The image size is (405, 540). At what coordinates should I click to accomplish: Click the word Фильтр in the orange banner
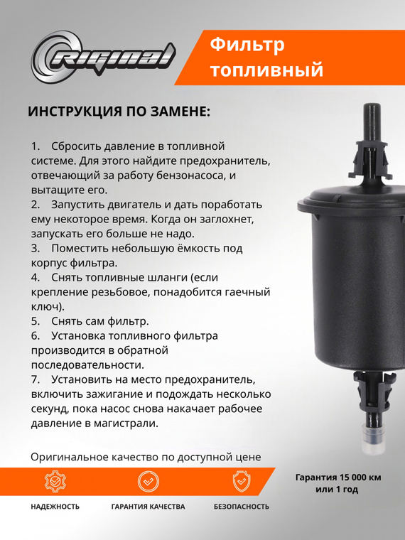tap(247, 45)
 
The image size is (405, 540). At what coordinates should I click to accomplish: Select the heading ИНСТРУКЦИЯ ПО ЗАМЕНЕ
tap(119, 112)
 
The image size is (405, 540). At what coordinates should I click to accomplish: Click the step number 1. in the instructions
tap(36, 145)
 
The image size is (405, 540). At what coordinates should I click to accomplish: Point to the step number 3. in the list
tap(36, 249)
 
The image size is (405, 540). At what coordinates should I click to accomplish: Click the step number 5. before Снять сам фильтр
tap(36, 321)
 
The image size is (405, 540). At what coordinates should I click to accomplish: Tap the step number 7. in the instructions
tap(36, 379)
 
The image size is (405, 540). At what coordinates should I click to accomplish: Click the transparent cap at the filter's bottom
tap(372, 440)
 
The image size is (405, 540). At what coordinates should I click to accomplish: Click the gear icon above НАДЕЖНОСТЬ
tap(55, 481)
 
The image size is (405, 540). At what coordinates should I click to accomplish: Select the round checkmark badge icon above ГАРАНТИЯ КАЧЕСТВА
tap(148, 481)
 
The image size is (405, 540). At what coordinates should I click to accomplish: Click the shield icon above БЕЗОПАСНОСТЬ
tap(242, 481)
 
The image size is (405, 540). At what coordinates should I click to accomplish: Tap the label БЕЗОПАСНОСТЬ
tap(242, 507)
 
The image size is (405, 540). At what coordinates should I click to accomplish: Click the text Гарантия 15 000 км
tap(337, 477)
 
